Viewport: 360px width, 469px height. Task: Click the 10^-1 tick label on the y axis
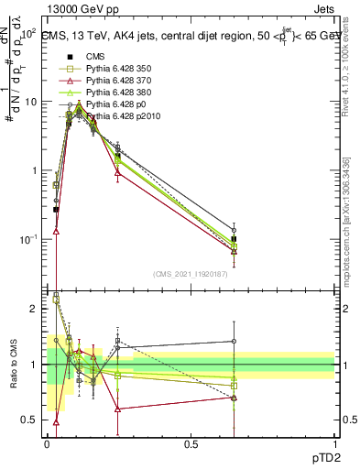28,239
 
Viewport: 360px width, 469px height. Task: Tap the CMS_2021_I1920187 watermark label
191,273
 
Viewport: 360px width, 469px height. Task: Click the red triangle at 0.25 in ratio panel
117,409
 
